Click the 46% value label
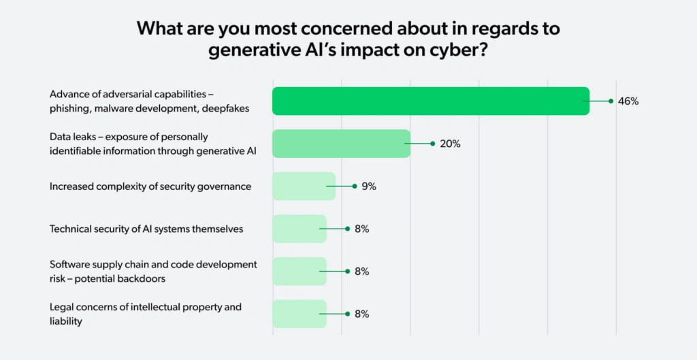point(628,101)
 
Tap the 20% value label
point(450,144)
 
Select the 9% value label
point(369,186)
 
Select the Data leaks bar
point(341,144)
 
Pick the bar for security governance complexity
point(304,186)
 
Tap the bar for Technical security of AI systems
point(299,229)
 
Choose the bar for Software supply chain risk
point(299,272)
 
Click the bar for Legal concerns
point(299,314)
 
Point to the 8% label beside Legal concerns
point(361,314)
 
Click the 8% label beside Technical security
point(361,229)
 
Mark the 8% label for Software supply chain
point(361,272)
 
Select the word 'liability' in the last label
point(65,321)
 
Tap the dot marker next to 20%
point(432,144)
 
